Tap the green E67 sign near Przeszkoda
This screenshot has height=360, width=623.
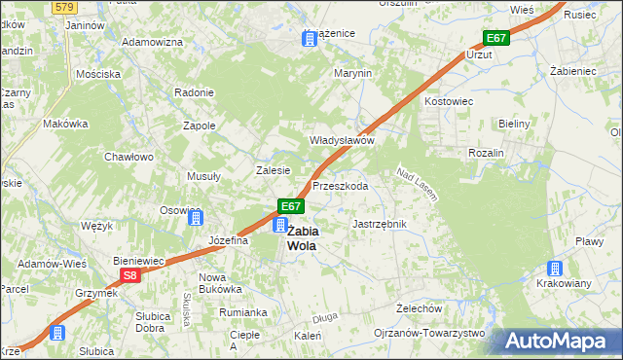[x=291, y=206]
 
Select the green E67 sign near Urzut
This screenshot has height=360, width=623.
[x=496, y=38]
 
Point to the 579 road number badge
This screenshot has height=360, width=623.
[x=64, y=6]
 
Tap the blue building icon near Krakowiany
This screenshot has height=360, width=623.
[x=555, y=268]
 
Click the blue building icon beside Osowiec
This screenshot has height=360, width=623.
[x=195, y=217]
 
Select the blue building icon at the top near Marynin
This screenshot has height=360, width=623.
[x=310, y=39]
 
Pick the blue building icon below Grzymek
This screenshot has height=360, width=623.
[x=57, y=332]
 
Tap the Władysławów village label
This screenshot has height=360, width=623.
[x=343, y=140]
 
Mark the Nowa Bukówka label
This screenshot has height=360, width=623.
[x=219, y=282]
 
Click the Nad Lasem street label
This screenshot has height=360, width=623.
[x=416, y=185]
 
